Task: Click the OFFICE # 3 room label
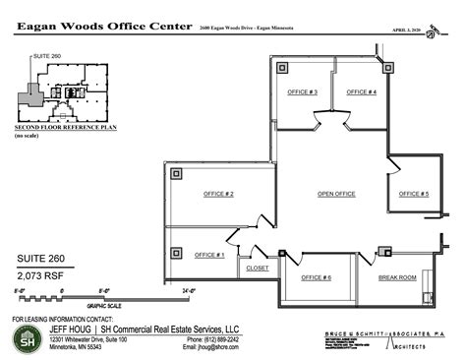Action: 302,91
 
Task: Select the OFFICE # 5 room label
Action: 414,194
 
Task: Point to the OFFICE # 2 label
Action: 217,194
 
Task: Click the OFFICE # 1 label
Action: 209,255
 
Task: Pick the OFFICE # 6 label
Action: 316,278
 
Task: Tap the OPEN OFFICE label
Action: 336,194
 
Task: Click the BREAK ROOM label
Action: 397,278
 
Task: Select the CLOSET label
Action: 258,268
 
